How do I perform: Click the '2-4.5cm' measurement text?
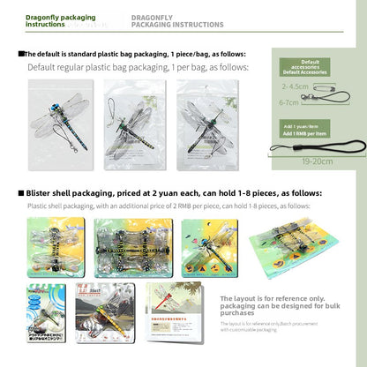click(294, 87)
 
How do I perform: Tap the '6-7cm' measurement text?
click(288, 102)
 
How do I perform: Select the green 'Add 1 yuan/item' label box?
click(302, 130)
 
